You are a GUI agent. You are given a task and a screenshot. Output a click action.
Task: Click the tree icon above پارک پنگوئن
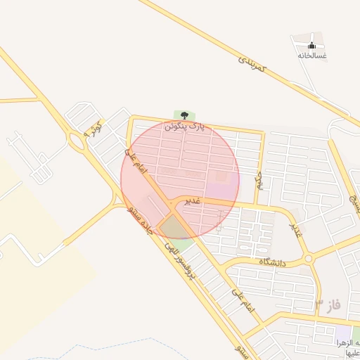tap(184, 115)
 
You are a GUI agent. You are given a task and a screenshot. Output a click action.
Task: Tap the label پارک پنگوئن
tap(184, 127)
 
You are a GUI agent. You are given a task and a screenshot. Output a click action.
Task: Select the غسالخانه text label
tap(311, 55)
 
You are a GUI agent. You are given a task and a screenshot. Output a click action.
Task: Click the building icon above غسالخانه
tap(311, 45)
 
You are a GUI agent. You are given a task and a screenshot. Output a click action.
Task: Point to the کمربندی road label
tap(251, 65)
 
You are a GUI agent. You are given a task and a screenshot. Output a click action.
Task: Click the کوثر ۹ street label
tap(93, 129)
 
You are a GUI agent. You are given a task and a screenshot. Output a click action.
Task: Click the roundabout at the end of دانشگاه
tap(308, 259)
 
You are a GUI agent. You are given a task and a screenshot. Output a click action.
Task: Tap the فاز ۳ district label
tap(327, 304)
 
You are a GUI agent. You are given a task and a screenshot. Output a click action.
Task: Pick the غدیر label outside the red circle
tap(296, 229)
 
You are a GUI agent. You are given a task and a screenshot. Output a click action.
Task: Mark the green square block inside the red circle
tap(173, 227)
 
